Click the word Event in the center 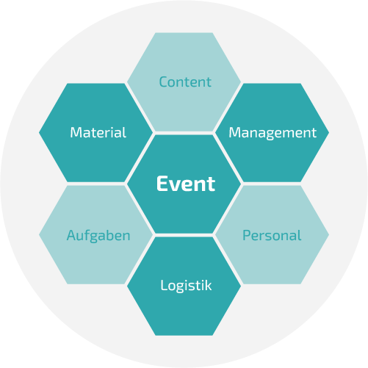[186, 184]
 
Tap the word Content [185, 82]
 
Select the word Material [98, 132]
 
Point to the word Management [273, 133]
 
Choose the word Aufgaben [98, 236]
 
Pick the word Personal [272, 235]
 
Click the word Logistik [186, 286]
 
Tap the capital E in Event [162, 184]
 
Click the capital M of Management [235, 132]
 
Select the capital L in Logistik [165, 285]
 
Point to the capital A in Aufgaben [72, 235]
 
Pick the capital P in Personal [247, 235]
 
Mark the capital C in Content [164, 82]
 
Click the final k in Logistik [209, 285]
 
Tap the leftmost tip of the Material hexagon [39, 132]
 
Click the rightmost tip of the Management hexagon [329, 132]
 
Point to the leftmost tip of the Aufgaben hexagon [39, 234]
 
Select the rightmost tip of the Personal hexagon [329, 234]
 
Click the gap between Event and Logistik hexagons [184, 235]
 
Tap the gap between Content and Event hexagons [184, 133]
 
